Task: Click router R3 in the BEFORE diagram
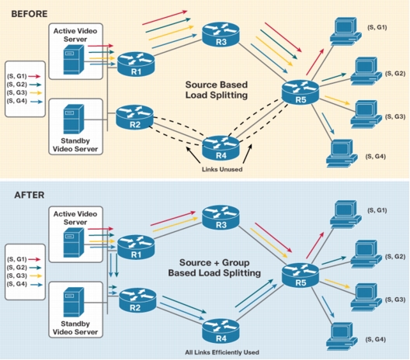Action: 221,34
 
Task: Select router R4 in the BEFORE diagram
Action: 221,148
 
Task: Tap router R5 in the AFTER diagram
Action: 301,275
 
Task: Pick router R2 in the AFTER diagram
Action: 137,300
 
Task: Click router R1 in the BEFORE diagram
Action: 136,64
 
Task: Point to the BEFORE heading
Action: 30,14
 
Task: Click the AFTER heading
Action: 30,196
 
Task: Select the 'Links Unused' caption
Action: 222,169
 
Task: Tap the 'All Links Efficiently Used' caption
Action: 222,352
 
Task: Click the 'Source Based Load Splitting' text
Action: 217,90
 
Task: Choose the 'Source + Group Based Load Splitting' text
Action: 214,268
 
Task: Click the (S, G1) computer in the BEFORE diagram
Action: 346,30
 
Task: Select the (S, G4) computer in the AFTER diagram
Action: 342,337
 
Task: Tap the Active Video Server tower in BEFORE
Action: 74,59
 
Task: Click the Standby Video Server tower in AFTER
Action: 74,302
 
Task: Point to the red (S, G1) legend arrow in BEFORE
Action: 34,76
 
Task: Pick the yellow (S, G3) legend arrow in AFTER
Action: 36,275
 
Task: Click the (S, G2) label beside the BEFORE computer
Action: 395,74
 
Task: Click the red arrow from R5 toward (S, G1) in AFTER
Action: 315,245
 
